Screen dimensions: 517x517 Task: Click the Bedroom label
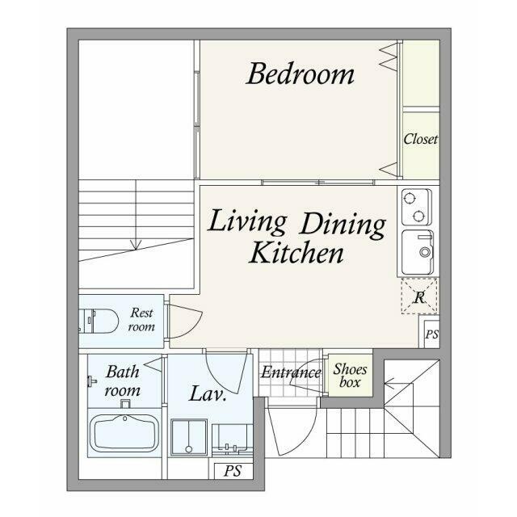pos(300,74)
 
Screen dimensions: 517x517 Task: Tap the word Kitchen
pos(296,252)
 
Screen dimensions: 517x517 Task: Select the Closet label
pos(421,139)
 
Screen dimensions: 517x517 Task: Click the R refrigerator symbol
pos(419,296)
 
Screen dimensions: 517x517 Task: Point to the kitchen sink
pos(418,252)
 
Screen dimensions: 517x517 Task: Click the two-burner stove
pos(417,207)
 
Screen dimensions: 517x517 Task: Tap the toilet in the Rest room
pos(99,321)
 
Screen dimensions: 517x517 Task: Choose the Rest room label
pos(141,319)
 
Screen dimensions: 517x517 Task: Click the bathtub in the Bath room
pos(124,433)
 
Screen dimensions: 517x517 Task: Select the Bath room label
pos(122,381)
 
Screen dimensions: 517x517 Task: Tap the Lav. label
pos(208,393)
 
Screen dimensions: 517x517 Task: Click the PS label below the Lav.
pos(233,471)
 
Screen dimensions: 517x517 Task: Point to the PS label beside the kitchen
pos(431,334)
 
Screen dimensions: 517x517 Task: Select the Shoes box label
pos(350,376)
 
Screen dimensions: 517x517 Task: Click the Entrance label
pos(291,372)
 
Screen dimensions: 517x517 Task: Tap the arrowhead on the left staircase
pos(136,245)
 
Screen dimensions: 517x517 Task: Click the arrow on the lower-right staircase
pos(398,384)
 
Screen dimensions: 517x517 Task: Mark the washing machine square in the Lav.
pos(188,438)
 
